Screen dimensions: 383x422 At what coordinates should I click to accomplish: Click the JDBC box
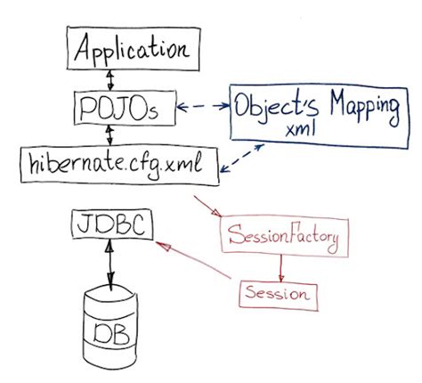tap(111, 224)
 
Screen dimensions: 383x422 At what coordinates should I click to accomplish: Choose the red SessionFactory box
tap(282, 238)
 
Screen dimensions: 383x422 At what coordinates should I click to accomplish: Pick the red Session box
tap(278, 292)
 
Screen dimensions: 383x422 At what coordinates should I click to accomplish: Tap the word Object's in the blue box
tap(272, 106)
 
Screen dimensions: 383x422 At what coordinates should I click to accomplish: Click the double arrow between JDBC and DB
tap(110, 264)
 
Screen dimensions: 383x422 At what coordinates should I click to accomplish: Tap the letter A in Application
tap(81, 50)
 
